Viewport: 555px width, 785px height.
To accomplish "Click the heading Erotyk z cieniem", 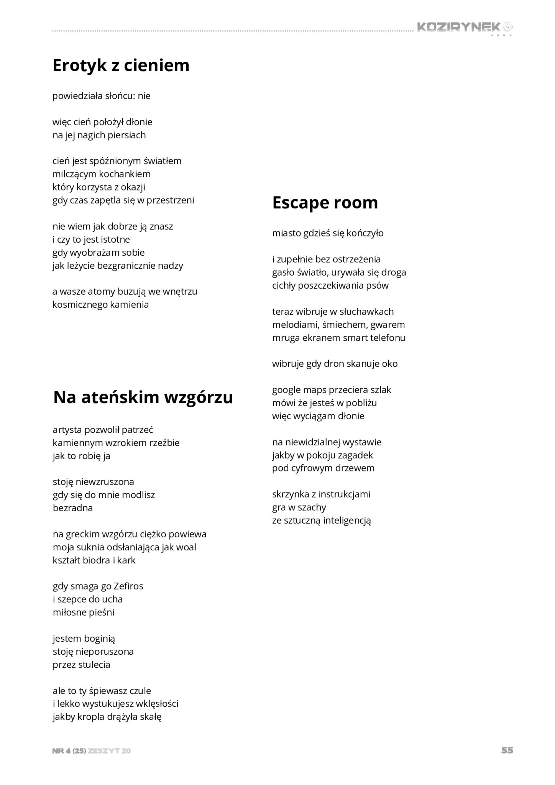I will point(121,65).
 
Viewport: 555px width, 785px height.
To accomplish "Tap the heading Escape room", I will point(325,202).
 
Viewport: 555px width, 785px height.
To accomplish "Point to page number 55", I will point(507,750).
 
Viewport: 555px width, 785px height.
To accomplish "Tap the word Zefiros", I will point(128,586).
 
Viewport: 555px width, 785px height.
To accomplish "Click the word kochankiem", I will point(125,174).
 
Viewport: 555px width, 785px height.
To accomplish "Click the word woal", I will point(186,547).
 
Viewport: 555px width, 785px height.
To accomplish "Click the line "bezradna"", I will point(73,508).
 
